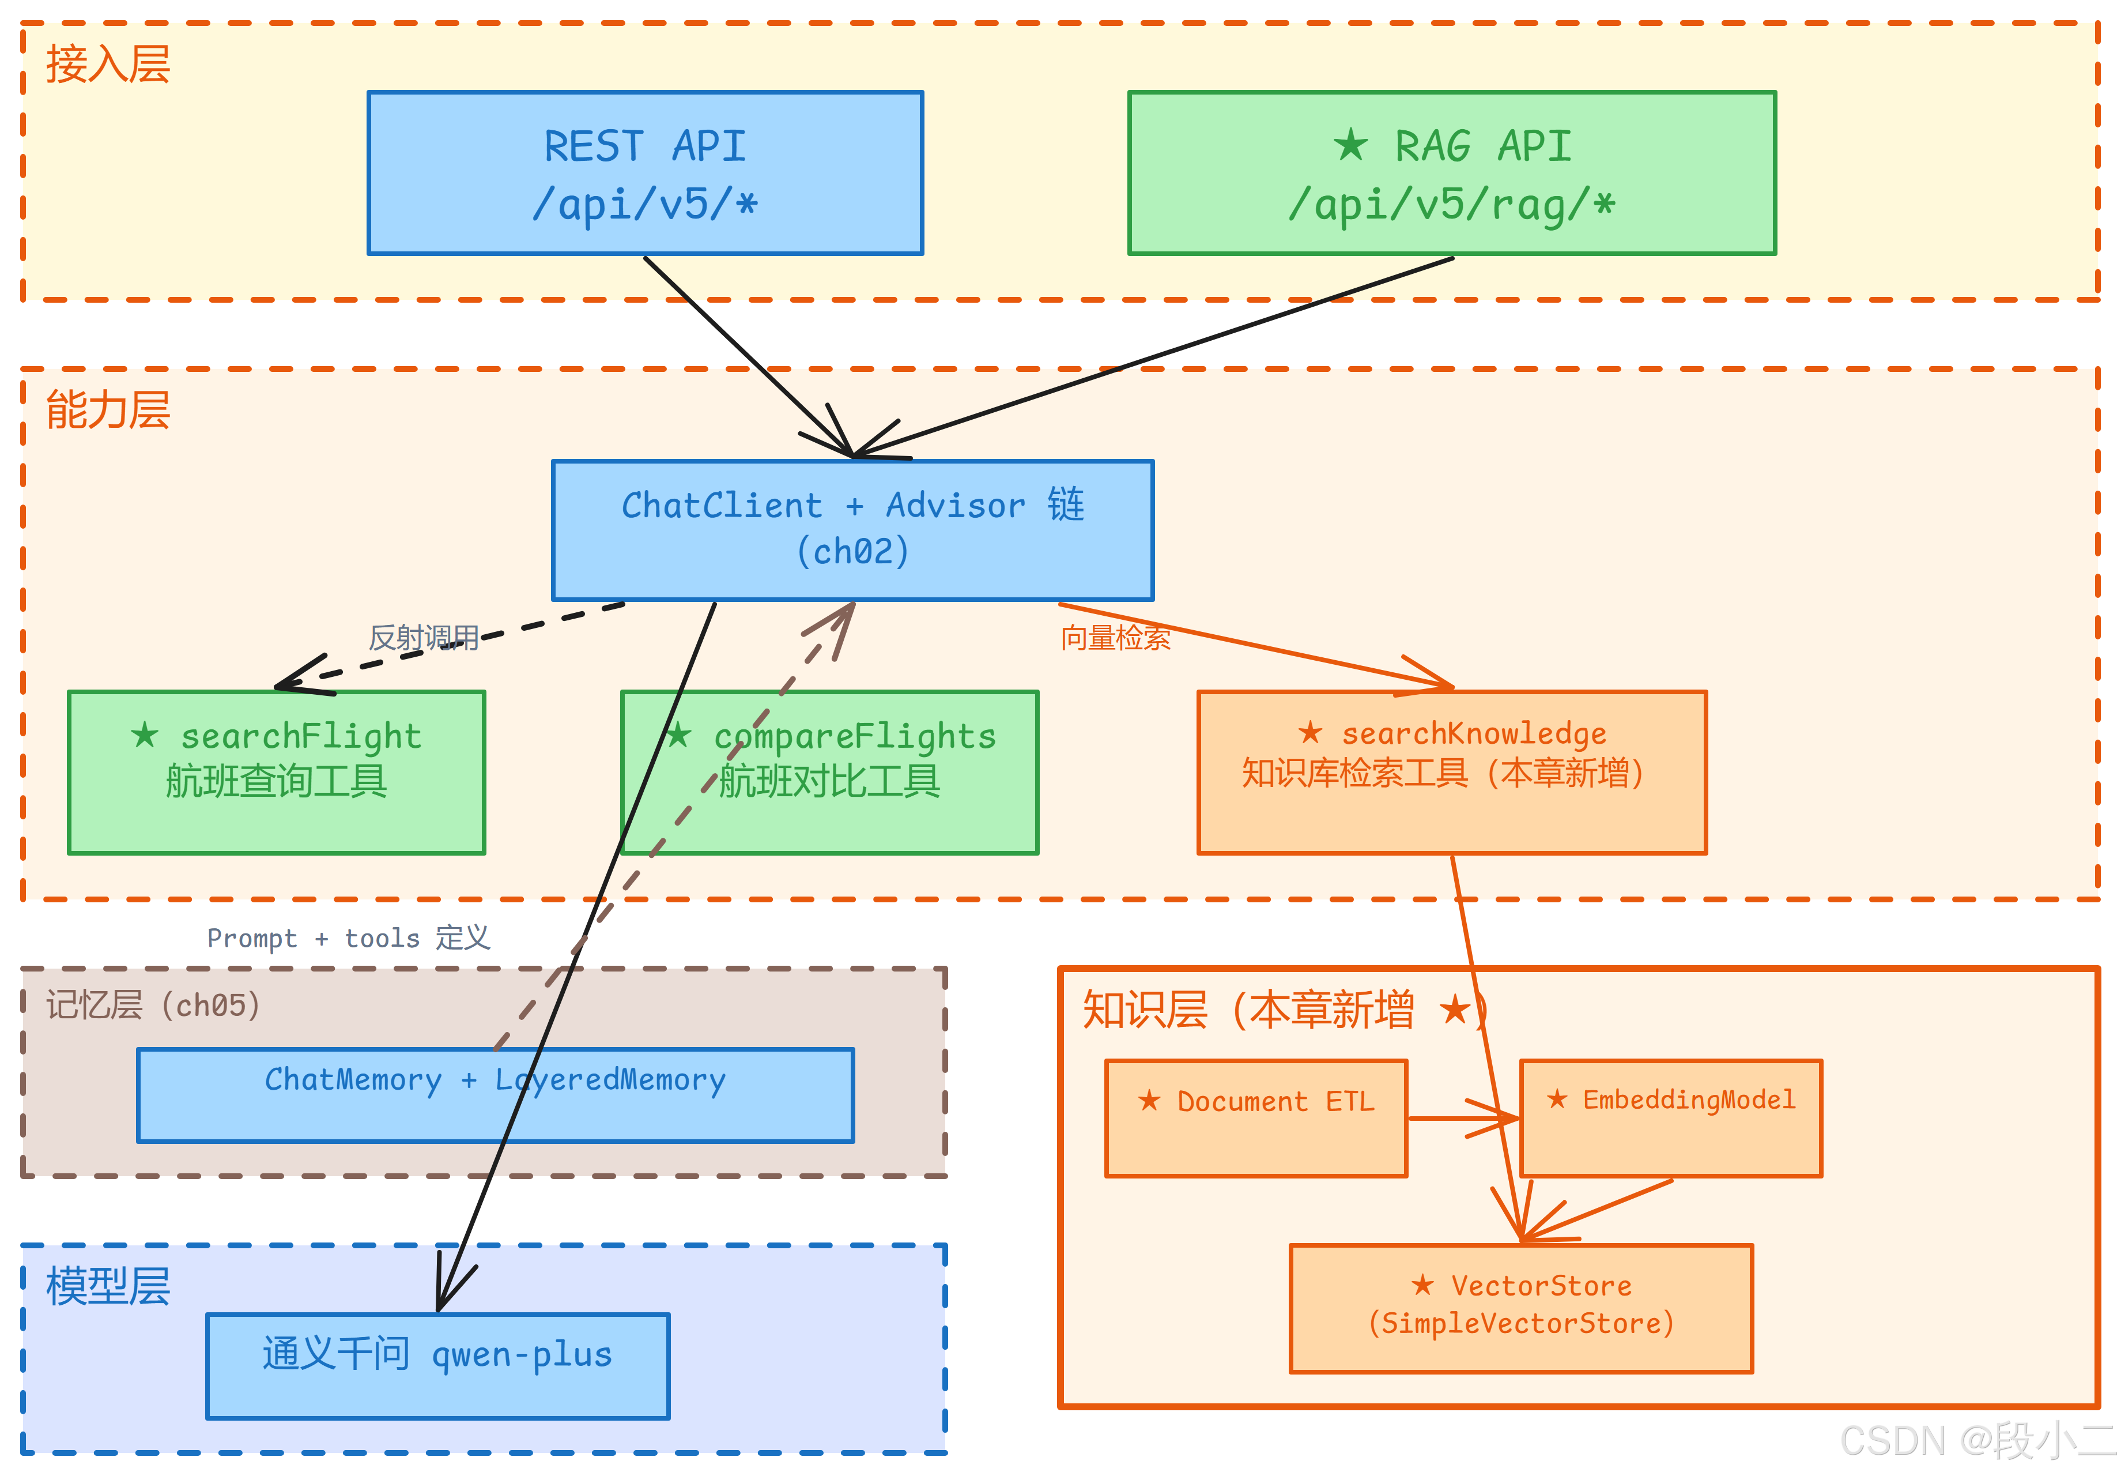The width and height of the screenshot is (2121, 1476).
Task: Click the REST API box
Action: click(645, 173)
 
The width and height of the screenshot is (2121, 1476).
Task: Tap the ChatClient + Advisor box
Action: click(852, 530)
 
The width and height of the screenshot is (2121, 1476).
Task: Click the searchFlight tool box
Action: click(275, 772)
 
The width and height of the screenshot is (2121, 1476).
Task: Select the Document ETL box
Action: click(1255, 1117)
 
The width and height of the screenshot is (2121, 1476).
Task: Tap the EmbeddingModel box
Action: click(1670, 1117)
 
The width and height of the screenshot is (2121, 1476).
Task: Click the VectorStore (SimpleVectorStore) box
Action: click(1520, 1308)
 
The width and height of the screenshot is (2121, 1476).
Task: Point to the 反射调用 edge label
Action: click(423, 638)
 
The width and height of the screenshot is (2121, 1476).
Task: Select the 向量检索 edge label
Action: click(1115, 638)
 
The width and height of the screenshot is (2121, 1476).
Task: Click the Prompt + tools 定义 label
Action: click(348, 938)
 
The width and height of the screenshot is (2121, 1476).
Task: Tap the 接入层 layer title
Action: click(108, 65)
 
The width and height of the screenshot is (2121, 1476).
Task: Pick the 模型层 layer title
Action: click(108, 1286)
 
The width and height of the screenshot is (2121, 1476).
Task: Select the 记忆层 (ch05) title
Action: click(152, 1004)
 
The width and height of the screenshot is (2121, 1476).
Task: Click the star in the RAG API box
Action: click(1350, 145)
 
